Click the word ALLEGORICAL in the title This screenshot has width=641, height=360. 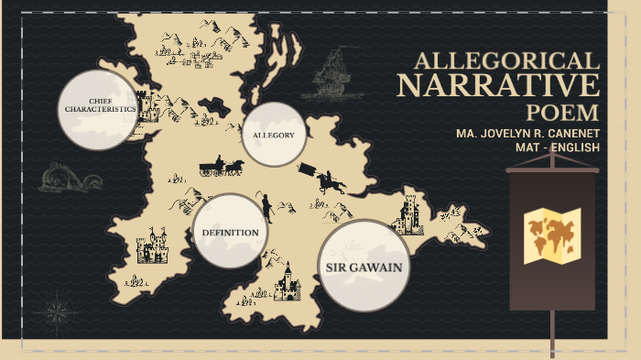pos(505,61)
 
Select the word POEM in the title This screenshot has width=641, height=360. pos(562,113)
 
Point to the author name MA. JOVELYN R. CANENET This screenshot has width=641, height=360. pos(527,133)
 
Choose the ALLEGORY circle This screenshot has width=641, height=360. pos(273,135)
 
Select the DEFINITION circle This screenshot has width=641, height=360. pos(230,232)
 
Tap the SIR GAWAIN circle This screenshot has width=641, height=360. pos(364,266)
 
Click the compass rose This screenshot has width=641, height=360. pos(61,310)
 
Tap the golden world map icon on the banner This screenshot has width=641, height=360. pos(553,235)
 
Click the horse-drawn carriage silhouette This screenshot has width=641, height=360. pos(220,168)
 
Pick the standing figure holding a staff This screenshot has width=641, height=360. pos(266,208)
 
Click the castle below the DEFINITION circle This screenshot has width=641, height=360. pos(151,248)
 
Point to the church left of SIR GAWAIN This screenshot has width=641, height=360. pos(288,282)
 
